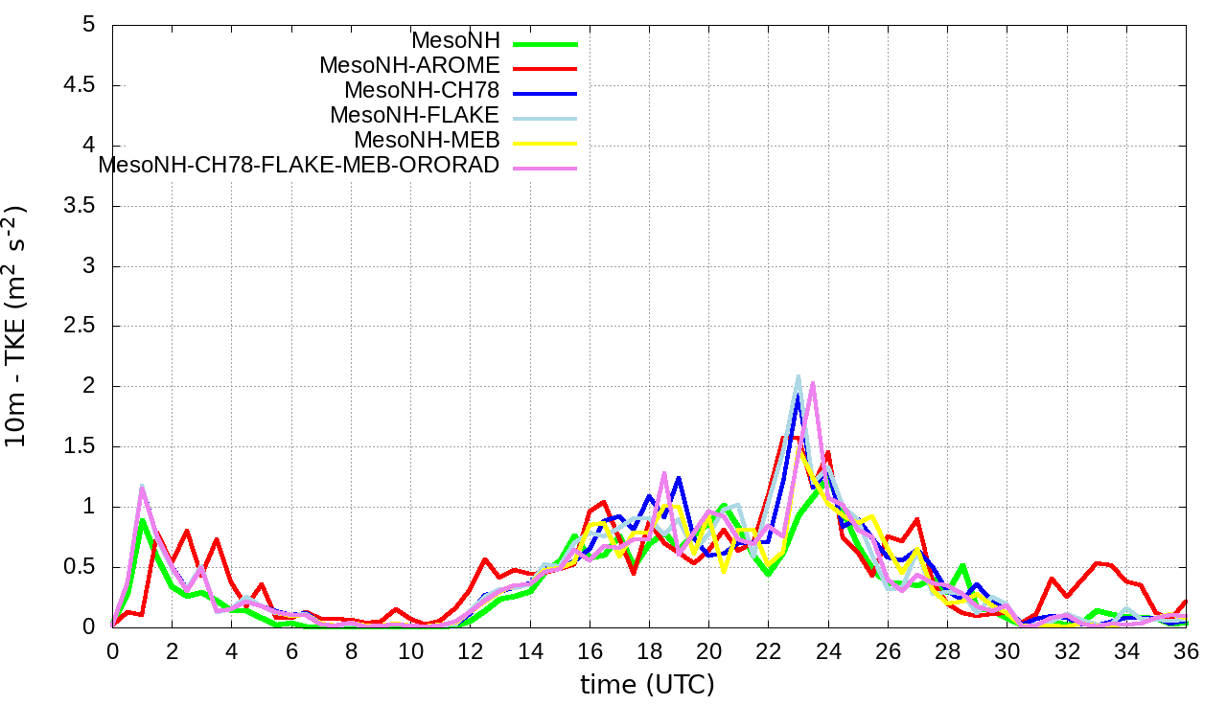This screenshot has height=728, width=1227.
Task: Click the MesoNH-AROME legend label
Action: click(409, 66)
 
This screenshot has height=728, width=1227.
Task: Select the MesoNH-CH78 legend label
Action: click(422, 91)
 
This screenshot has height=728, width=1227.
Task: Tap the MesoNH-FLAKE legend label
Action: click(414, 116)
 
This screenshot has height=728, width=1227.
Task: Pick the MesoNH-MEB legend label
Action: click(427, 141)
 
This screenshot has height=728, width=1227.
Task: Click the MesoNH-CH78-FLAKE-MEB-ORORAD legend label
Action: click(299, 166)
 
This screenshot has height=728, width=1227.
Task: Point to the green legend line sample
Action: click(544, 43)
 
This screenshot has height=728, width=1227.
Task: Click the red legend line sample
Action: click(544, 68)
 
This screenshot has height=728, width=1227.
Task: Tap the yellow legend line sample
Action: click(544, 143)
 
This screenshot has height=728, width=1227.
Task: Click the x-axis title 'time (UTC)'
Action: click(648, 685)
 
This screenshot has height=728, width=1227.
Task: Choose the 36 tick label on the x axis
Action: click(1187, 650)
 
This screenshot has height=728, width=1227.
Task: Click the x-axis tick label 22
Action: click(769, 650)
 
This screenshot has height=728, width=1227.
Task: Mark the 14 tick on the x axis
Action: click(530, 650)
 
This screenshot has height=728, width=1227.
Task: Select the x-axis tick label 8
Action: click(351, 650)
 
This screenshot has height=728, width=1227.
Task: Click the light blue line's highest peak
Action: click(798, 376)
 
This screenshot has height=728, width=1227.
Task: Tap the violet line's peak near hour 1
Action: click(142, 488)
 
